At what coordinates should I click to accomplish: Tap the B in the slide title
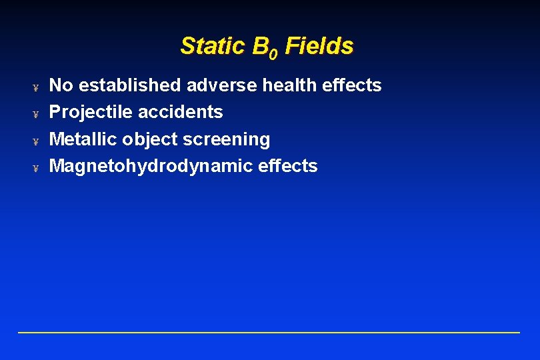(x=261, y=46)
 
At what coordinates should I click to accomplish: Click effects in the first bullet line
(x=354, y=85)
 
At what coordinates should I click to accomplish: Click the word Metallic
(x=83, y=139)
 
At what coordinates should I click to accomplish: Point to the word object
(x=147, y=140)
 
